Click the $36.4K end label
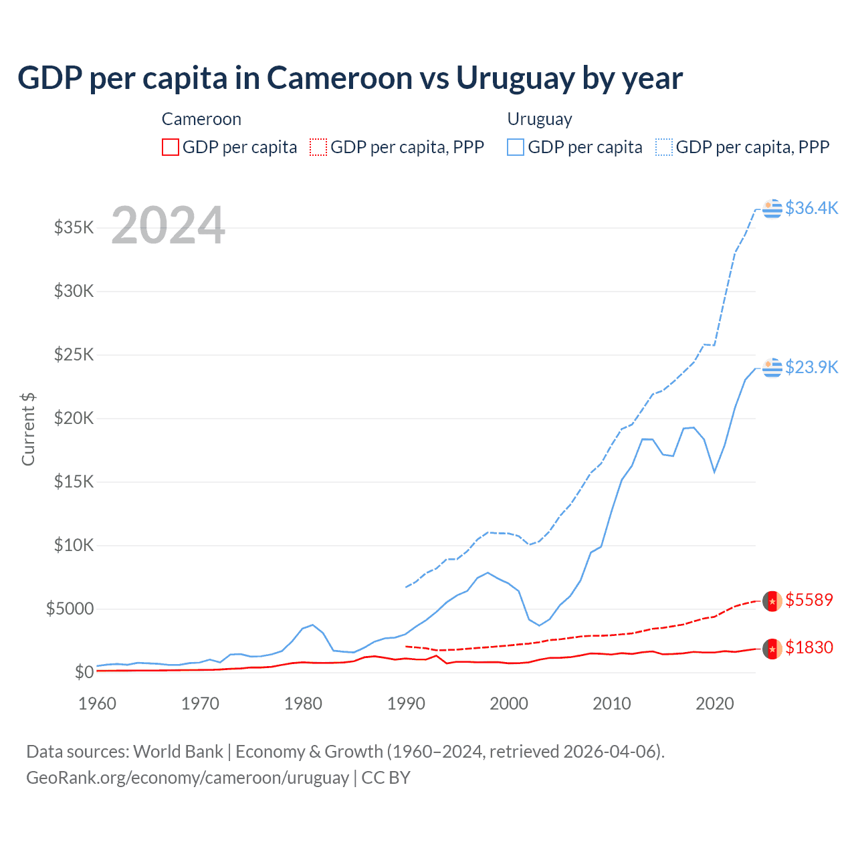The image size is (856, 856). click(811, 208)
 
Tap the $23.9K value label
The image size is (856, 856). click(811, 367)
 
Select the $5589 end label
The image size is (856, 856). click(809, 600)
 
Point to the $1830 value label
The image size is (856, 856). click(809, 647)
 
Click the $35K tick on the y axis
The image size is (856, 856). click(74, 227)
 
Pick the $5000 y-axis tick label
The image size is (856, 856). click(70, 609)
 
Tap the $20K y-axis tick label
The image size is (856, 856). click(74, 418)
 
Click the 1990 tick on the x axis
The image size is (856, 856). click(406, 704)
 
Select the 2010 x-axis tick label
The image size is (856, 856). click(612, 704)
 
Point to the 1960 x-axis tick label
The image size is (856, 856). click(97, 704)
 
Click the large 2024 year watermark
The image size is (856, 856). click(168, 225)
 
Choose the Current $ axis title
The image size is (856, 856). click(28, 429)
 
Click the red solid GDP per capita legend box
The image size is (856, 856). click(171, 147)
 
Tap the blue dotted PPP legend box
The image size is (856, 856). click(664, 147)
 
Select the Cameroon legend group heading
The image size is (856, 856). click(201, 119)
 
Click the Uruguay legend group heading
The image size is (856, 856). click(539, 119)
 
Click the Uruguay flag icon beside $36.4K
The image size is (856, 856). click(772, 209)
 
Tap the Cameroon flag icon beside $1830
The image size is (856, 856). click(772, 648)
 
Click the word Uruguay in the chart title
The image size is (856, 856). click(515, 78)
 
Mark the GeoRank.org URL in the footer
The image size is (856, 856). click(187, 778)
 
